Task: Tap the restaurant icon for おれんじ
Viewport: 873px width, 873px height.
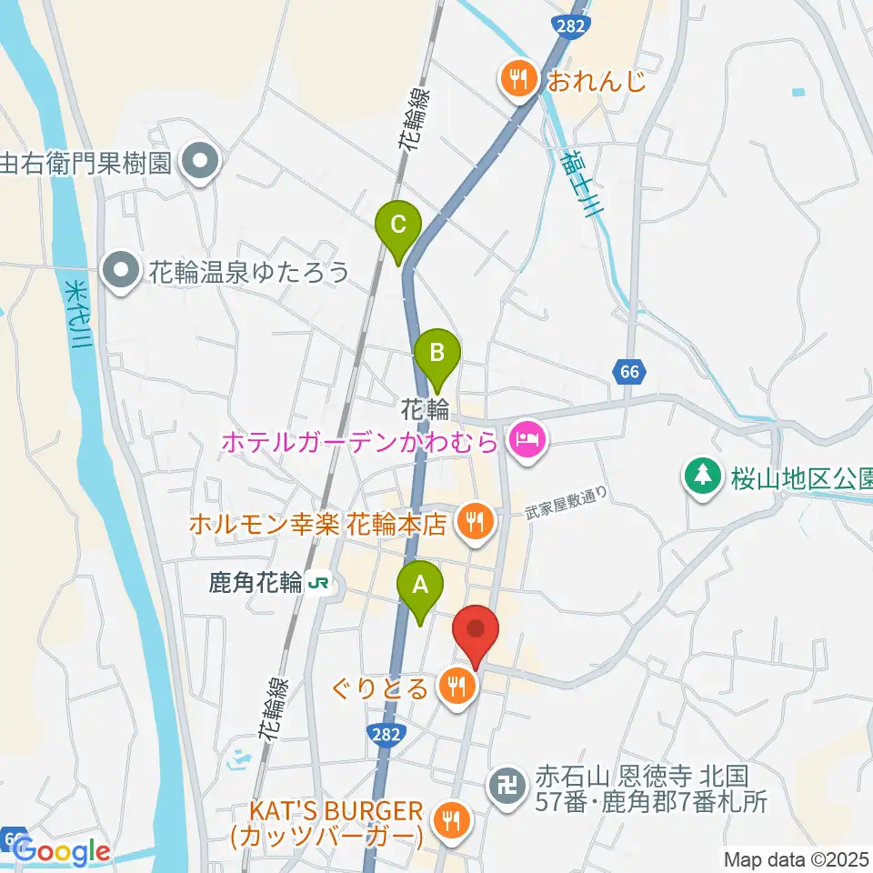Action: pyautogui.click(x=518, y=81)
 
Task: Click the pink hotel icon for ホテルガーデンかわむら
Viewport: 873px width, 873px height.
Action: pyautogui.click(x=527, y=443)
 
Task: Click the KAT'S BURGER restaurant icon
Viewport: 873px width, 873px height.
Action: pyautogui.click(x=448, y=820)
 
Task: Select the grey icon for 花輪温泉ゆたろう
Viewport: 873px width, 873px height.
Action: pyautogui.click(x=119, y=271)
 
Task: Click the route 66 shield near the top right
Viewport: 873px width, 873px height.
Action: pyautogui.click(x=630, y=371)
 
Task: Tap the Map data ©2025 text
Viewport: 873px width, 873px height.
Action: pyautogui.click(x=797, y=858)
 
